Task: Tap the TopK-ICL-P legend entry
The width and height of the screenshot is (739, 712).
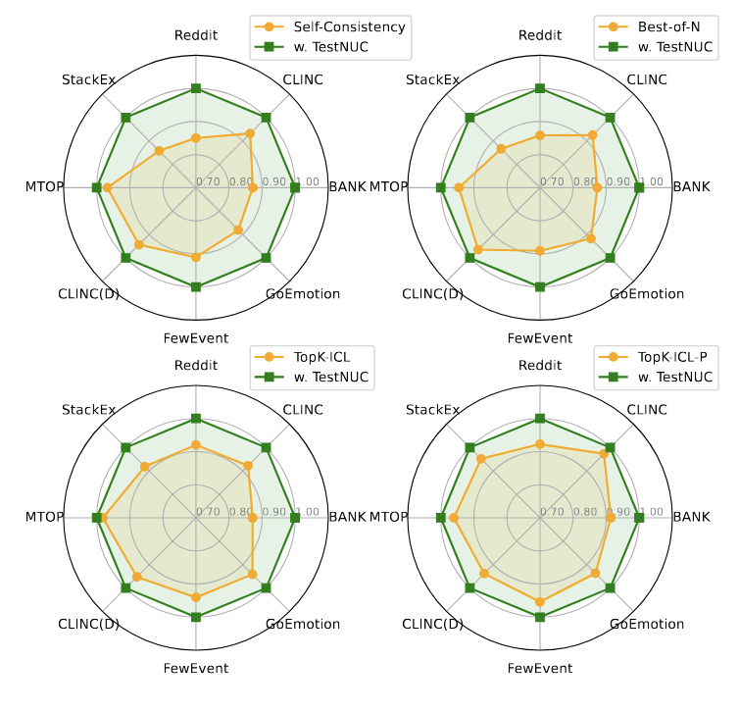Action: pyautogui.click(x=677, y=357)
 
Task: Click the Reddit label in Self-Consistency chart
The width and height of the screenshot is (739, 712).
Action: pyautogui.click(x=196, y=35)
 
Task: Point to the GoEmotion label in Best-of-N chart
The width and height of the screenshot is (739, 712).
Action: pyautogui.click(x=647, y=293)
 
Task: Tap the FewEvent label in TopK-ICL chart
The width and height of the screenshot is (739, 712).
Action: pyautogui.click(x=196, y=668)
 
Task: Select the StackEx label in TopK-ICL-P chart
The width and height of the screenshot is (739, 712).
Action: pyautogui.click(x=432, y=409)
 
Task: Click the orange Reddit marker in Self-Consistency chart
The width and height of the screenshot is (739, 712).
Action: pyautogui.click(x=196, y=138)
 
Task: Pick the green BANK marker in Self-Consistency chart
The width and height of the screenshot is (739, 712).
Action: pyautogui.click(x=295, y=187)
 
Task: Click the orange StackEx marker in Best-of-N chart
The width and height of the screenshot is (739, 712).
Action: pyautogui.click(x=501, y=149)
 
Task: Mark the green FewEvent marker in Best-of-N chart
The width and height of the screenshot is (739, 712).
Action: pyautogui.click(x=540, y=286)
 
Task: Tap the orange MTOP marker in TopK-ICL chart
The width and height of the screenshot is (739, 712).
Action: pyautogui.click(x=103, y=517)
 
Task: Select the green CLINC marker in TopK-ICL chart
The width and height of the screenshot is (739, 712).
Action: pyautogui.click(x=266, y=447)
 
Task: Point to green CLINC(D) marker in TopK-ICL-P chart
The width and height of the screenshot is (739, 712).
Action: pyautogui.click(x=469, y=587)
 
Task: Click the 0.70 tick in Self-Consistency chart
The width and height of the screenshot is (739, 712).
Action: pyautogui.click(x=208, y=181)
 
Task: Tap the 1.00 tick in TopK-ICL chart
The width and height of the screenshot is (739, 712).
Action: pyautogui.click(x=307, y=511)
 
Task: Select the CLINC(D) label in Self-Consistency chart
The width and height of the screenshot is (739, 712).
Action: pyautogui.click(x=88, y=293)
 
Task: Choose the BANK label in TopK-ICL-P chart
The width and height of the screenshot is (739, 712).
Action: pyautogui.click(x=692, y=517)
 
